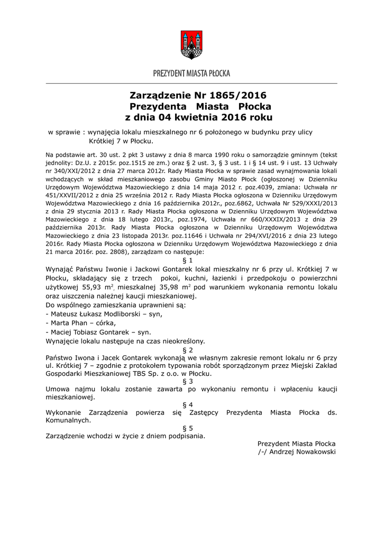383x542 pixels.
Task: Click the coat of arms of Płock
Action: (x=191, y=44)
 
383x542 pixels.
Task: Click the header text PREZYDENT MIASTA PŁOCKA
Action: (x=191, y=74)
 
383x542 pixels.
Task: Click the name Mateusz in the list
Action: (x=66, y=314)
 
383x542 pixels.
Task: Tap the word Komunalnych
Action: (x=68, y=421)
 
